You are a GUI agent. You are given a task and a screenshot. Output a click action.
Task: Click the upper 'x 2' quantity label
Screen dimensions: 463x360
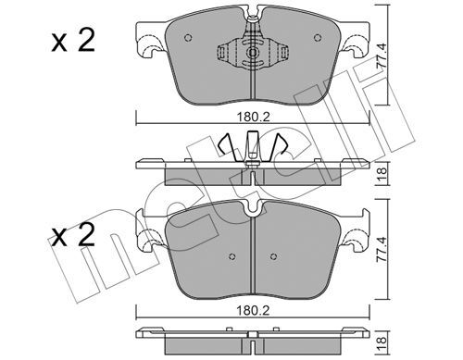pyautogui.click(x=73, y=40)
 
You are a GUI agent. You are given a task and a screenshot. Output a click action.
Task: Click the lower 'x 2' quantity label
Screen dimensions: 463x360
pyautogui.click(x=72, y=235)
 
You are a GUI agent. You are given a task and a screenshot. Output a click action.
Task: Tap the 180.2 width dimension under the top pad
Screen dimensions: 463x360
pyautogui.click(x=253, y=118)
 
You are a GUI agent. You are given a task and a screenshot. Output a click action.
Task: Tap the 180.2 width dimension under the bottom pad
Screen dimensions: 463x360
pyautogui.click(x=253, y=310)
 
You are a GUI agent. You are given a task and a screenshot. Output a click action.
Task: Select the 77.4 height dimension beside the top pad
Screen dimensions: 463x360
pyautogui.click(x=382, y=56)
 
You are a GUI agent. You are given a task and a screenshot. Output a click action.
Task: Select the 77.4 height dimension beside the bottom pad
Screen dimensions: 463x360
pyautogui.click(x=382, y=249)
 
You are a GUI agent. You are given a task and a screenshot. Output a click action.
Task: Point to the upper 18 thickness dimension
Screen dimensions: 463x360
pyautogui.click(x=382, y=175)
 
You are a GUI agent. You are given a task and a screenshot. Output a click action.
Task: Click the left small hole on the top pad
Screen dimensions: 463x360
pyautogui.click(x=188, y=38)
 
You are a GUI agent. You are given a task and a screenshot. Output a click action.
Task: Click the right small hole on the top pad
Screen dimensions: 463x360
pyautogui.click(x=318, y=38)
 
